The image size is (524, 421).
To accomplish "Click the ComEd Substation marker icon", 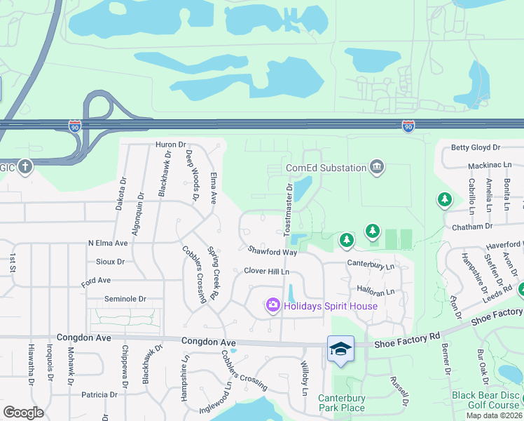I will coord(377,167).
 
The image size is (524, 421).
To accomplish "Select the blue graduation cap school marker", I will coord(340,349).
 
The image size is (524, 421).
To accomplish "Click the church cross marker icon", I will coord(25,167).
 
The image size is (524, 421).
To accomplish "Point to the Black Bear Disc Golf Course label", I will coord(485,400).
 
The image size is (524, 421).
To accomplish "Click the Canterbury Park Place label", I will coord(342,403).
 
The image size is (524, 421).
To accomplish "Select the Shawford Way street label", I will coord(273,251).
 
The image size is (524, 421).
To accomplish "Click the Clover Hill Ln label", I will coord(266,271).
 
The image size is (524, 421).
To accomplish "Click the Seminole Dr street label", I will coord(125,298).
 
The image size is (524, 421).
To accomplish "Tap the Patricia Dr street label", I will coord(99,394).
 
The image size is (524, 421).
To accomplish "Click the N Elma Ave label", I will coord(108,243).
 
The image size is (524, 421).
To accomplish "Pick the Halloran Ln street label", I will coord(376,291).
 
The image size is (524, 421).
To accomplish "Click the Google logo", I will coord(23,413).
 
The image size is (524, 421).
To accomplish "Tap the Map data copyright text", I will coord(494,415).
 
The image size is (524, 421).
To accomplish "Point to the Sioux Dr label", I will coord(111,261).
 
